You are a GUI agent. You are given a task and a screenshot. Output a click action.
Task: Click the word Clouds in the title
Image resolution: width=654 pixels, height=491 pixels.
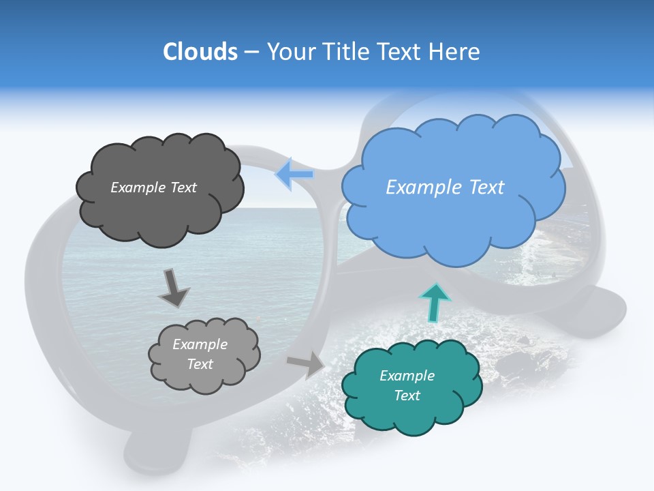click(200, 52)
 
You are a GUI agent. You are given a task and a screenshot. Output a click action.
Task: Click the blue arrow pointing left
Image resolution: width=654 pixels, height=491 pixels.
click(294, 174)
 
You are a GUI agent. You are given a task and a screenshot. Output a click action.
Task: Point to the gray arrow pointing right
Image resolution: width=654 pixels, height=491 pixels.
click(306, 364)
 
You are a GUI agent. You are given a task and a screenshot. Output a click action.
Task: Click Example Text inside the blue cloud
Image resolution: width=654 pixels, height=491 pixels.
click(445, 188)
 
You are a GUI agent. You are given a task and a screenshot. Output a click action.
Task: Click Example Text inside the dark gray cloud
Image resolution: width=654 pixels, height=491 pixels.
click(153, 188)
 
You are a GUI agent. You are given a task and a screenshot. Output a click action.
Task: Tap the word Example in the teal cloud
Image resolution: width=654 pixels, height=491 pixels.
click(407, 376)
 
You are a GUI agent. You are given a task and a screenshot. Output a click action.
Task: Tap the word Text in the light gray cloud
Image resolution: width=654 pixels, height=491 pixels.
click(200, 364)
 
